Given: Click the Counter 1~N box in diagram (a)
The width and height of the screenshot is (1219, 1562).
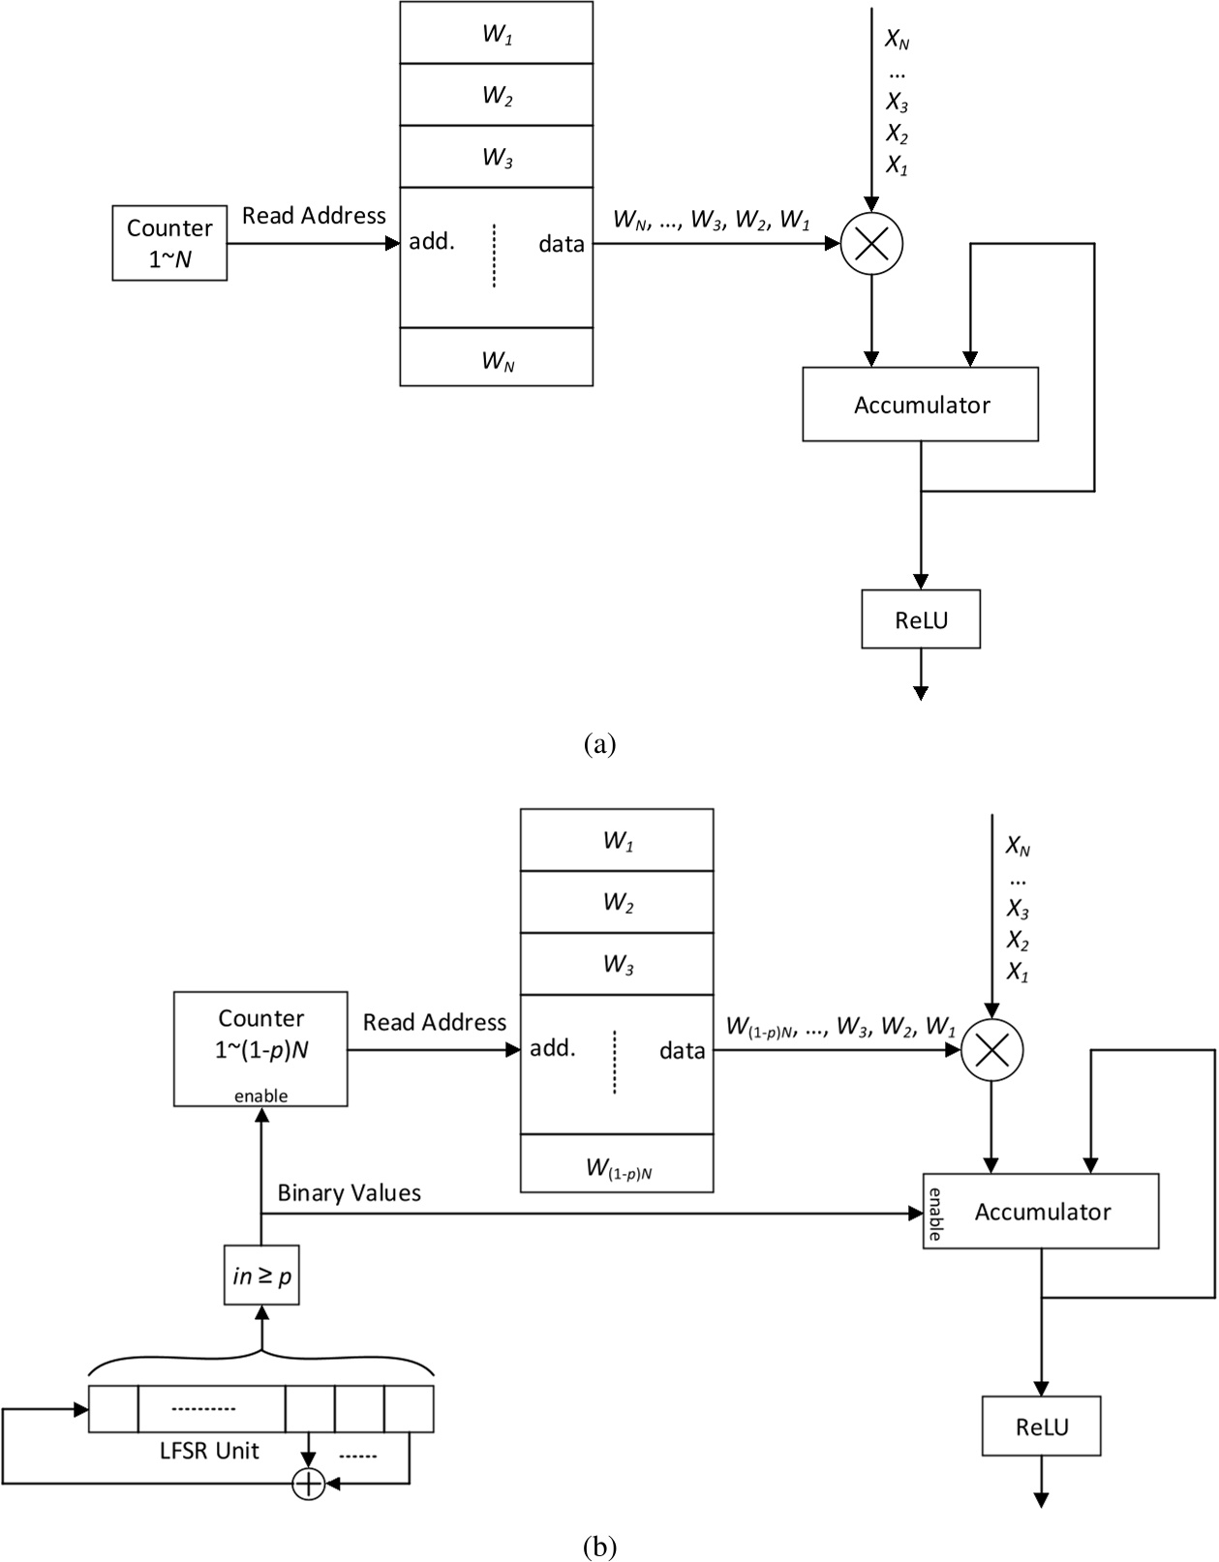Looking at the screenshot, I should tap(169, 243).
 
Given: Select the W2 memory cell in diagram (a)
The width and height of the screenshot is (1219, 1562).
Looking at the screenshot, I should tap(497, 95).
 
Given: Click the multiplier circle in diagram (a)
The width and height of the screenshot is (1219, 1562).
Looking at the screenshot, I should tap(871, 243).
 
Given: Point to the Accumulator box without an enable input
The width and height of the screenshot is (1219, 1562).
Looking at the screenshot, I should tap(920, 405).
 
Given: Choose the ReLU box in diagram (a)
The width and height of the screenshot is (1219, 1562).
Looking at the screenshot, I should tap(921, 619).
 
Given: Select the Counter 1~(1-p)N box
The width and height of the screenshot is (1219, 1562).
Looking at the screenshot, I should tap(260, 1047).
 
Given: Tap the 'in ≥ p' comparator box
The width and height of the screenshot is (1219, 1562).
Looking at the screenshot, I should tap(261, 1277).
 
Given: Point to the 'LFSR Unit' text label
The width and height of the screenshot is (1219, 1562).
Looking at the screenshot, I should tap(209, 1451).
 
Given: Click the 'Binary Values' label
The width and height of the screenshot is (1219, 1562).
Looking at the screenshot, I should tap(349, 1192).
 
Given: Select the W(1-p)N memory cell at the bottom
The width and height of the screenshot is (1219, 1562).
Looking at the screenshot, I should tap(618, 1167).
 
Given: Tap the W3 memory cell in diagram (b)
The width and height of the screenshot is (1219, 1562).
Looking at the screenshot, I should tap(618, 964).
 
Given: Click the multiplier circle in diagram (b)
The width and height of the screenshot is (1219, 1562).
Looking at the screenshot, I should tap(991, 1050).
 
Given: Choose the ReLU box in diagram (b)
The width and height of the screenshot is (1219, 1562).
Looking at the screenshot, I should tap(1042, 1427).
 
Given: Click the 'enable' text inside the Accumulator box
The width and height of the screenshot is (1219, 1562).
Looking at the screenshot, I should tap(935, 1213).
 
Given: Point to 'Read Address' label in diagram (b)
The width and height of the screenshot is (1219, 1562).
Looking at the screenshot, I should tap(435, 1022).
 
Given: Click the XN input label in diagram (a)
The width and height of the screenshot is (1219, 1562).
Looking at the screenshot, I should tap(897, 40).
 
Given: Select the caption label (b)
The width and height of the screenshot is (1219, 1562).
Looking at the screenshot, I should tap(600, 1546).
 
